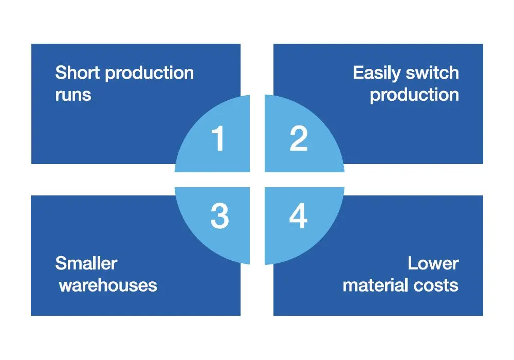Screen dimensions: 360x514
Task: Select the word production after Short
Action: click(149, 74)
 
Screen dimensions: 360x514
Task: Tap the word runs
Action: click(73, 95)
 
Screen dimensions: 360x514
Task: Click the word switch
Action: click(432, 73)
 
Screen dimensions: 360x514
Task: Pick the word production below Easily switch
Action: click(414, 95)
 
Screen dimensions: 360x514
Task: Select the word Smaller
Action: click(86, 263)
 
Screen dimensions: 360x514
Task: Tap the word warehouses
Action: click(108, 285)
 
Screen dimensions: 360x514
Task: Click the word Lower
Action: click(433, 263)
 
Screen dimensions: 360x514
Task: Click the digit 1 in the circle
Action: click(218, 139)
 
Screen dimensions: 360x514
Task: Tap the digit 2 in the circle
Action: click(299, 139)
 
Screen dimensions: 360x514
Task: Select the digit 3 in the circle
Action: click(219, 216)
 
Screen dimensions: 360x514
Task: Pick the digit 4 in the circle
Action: click(298, 216)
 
